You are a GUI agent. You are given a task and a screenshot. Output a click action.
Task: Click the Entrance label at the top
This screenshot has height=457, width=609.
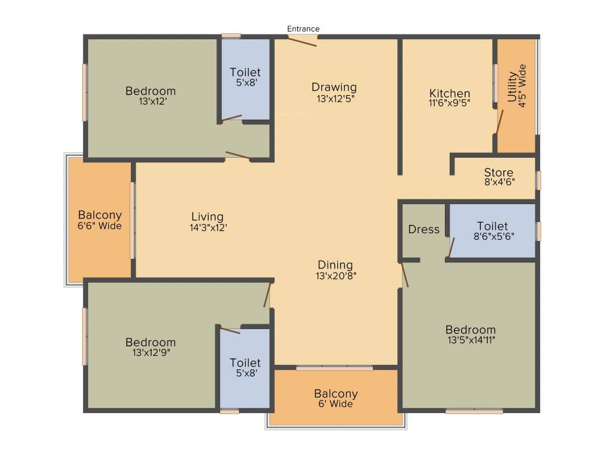pos(303,29)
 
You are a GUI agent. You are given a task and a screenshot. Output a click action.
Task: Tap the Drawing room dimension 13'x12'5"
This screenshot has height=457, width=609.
pos(336,98)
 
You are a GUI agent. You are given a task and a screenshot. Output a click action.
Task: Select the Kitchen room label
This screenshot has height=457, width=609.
pos(450,93)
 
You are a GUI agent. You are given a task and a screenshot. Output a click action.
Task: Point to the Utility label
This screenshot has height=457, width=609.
pos(512,87)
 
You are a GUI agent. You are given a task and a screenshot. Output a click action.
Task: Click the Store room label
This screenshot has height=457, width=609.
pos(498,173)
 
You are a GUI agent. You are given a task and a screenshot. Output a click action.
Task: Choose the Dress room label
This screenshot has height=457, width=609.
pos(424,229)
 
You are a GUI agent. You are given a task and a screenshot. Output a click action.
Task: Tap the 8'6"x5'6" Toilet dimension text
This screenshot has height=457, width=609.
pos(492,236)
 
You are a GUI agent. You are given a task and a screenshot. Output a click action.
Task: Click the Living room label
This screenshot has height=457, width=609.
pos(208,217)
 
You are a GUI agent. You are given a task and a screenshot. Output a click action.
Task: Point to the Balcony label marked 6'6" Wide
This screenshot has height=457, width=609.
pos(100,215)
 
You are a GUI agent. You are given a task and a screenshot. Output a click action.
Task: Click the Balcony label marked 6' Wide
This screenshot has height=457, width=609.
pos(336,394)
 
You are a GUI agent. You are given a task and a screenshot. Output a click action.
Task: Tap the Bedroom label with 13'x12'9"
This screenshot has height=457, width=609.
pos(150,342)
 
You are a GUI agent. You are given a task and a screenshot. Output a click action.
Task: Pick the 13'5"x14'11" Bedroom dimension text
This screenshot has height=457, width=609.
pos(470,340)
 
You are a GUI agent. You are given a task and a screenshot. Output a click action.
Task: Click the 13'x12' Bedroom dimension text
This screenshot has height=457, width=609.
pos(150,101)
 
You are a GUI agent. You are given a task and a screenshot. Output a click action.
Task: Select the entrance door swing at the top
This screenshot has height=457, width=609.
pos(302,41)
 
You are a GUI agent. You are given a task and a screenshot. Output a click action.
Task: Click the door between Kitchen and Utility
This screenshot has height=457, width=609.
pos(500,121)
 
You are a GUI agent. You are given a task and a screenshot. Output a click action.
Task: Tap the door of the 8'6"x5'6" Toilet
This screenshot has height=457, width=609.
pos(451,248)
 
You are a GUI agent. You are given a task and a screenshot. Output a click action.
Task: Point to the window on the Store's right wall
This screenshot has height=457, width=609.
pos(538,180)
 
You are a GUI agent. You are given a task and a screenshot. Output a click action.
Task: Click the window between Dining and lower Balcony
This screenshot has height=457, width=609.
pos(335,368)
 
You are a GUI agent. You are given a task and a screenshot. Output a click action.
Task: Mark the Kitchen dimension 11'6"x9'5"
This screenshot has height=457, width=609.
pos(450,104)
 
